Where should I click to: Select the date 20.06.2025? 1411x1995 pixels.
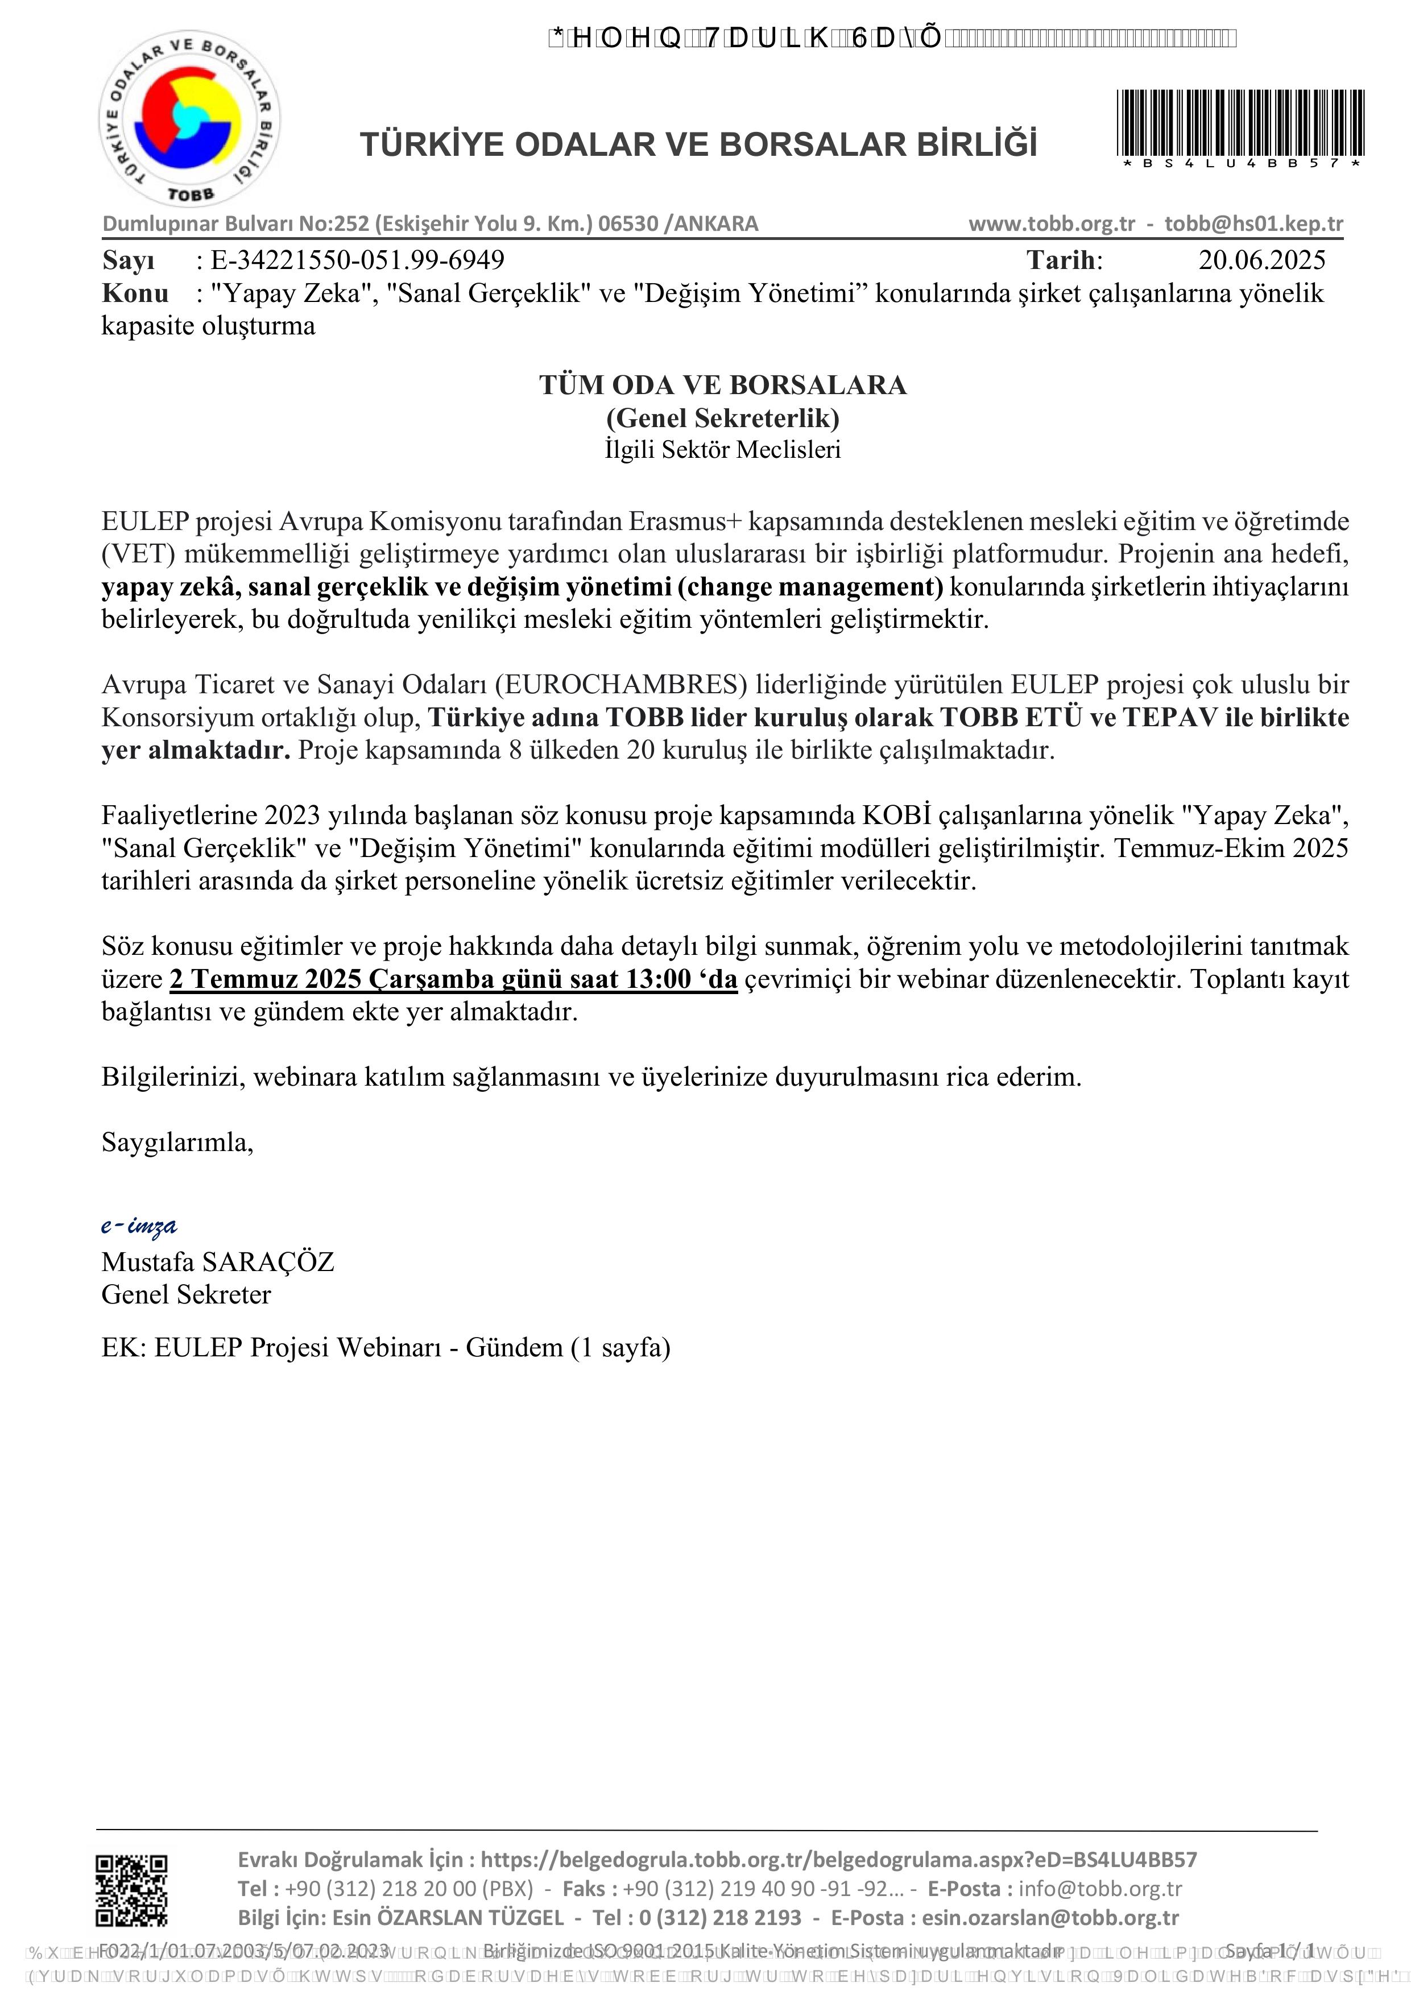[x=1261, y=260]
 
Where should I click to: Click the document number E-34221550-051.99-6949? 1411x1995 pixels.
[x=357, y=260]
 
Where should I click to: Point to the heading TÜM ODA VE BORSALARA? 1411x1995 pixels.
[x=722, y=385]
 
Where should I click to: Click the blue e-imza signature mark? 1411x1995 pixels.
[x=139, y=1225]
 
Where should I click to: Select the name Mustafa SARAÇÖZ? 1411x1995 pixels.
[x=218, y=1261]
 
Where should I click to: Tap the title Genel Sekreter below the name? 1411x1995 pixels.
[x=186, y=1295]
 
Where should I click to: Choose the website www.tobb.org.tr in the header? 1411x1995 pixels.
[x=1052, y=224]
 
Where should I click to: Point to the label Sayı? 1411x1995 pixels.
[x=129, y=260]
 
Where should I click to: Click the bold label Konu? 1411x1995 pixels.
[x=135, y=293]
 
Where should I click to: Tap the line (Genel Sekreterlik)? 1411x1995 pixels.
[x=722, y=418]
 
